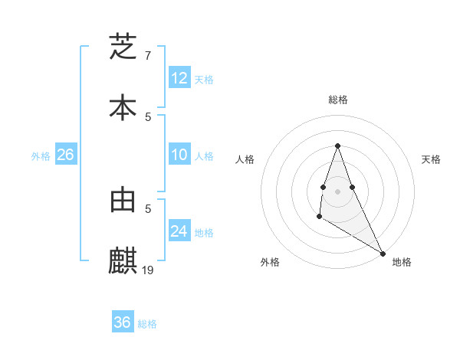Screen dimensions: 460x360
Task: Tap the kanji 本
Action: [123, 107]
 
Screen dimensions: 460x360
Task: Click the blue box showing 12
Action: [179, 78]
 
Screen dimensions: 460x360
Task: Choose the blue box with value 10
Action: [179, 155]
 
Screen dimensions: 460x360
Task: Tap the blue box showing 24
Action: [179, 231]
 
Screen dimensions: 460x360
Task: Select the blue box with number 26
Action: [65, 155]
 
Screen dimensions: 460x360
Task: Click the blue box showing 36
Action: [123, 322]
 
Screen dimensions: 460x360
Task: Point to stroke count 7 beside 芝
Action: [148, 56]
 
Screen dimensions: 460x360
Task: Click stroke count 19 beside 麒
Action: [149, 270]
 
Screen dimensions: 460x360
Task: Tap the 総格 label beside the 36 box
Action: [147, 323]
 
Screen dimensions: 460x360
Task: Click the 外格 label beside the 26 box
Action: [41, 155]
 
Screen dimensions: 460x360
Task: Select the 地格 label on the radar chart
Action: [402, 262]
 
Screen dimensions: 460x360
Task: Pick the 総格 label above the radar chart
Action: [337, 100]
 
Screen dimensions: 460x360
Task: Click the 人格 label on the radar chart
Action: [245, 159]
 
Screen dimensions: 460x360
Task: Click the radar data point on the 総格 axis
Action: [337, 146]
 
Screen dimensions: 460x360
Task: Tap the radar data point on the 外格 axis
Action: [319, 217]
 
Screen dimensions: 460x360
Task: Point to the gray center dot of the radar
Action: [337, 191]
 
